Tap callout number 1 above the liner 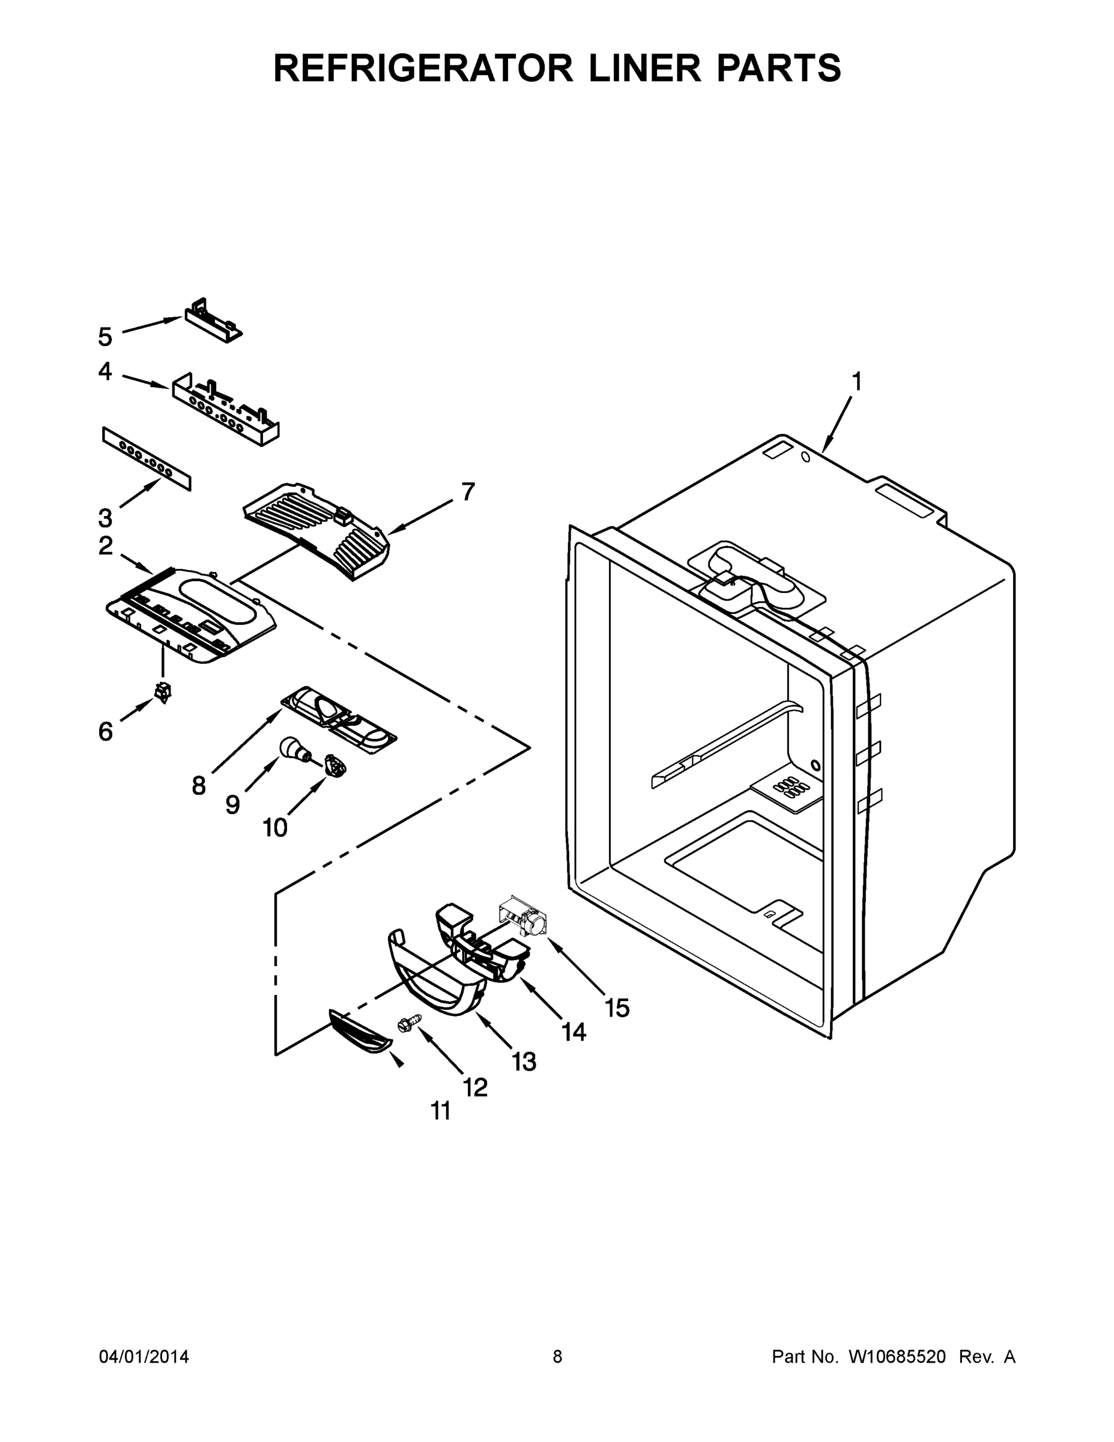pyautogui.click(x=855, y=382)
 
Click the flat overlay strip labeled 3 pyautogui.click(x=147, y=458)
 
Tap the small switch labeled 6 pyautogui.click(x=162, y=692)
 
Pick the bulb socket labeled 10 pyautogui.click(x=336, y=767)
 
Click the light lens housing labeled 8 pyautogui.click(x=339, y=720)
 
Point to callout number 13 pyautogui.click(x=524, y=1062)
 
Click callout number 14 pyautogui.click(x=574, y=1031)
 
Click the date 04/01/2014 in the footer pyautogui.click(x=144, y=1357)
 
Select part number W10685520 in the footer pyautogui.click(x=897, y=1357)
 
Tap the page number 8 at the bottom pyautogui.click(x=557, y=1357)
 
